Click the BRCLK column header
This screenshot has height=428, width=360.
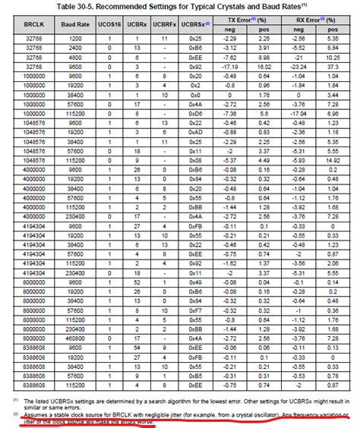coord(33,25)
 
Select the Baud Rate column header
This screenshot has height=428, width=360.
coord(75,25)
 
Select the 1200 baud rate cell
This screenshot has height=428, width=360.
coord(75,38)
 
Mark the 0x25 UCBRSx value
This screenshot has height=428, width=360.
coord(197,38)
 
